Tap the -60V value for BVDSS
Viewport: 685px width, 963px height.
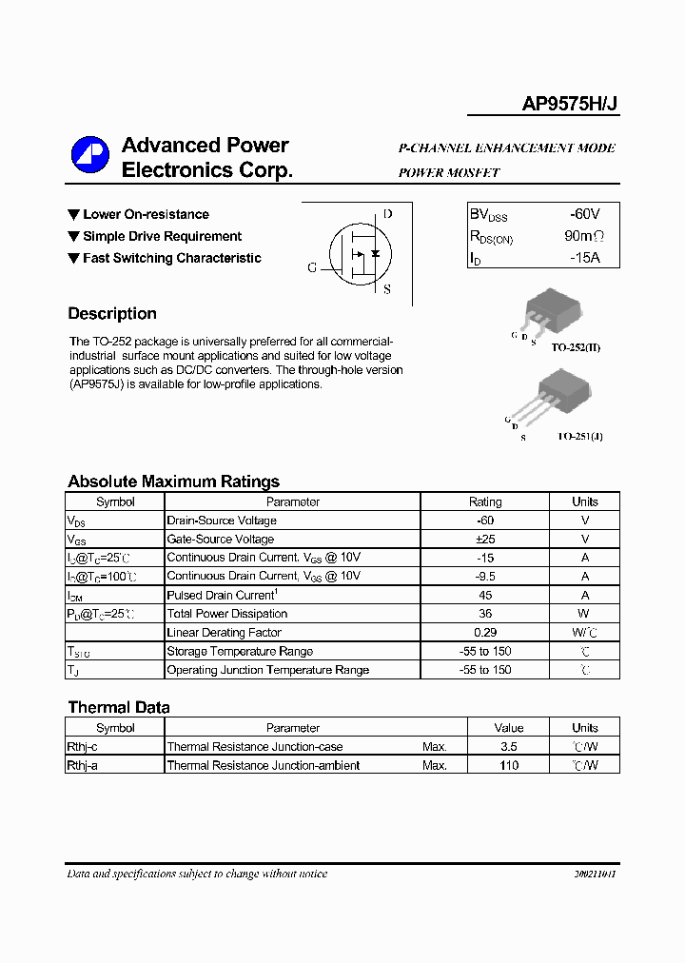(x=584, y=215)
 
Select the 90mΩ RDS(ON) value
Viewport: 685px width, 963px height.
(x=583, y=236)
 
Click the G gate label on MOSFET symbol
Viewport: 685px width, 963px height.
(x=312, y=267)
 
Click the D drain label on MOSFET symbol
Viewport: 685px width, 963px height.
(x=387, y=214)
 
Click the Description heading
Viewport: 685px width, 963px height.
(x=112, y=314)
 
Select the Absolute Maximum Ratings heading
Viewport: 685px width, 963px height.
(x=173, y=481)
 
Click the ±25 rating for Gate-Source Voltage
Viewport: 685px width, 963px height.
(x=485, y=540)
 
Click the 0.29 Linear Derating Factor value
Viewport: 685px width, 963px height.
(x=485, y=633)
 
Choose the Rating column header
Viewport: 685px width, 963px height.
(x=485, y=501)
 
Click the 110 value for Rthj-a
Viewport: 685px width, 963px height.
(x=509, y=765)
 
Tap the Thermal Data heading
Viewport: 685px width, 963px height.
(x=119, y=707)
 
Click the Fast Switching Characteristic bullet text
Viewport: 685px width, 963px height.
(x=171, y=258)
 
